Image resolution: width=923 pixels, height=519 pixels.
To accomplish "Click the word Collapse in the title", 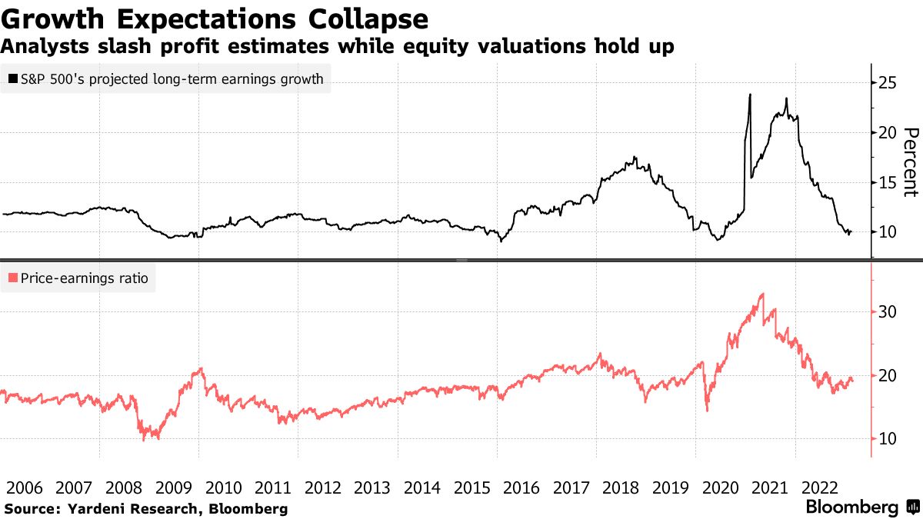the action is (368, 19).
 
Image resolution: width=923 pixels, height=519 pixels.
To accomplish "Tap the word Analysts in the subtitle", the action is (45, 46).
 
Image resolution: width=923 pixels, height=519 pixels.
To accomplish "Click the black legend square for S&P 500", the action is (13, 78).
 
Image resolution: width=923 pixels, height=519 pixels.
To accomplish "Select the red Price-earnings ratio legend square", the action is (13, 278).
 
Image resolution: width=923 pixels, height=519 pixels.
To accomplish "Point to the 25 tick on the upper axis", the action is (887, 83).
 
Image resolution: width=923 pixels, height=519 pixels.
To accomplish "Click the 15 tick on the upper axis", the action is (887, 182).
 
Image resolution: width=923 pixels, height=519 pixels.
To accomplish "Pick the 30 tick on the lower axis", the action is (887, 312).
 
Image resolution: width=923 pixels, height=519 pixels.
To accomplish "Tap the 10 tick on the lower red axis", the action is (887, 439).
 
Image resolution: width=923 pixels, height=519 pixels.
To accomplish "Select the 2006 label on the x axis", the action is (25, 488).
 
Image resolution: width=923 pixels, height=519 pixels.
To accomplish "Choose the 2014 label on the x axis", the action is (422, 488).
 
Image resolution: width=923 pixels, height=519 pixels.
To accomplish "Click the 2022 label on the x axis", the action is (820, 488).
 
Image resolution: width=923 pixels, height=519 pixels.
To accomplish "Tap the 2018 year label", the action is (621, 488).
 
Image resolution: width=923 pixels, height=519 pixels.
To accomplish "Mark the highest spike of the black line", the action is (750, 95).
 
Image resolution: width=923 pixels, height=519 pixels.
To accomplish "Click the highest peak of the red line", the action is (763, 294).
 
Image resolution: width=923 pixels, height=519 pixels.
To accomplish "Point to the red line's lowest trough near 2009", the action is (144, 441).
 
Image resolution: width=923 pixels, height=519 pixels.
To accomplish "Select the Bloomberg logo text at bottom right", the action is (852, 507).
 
